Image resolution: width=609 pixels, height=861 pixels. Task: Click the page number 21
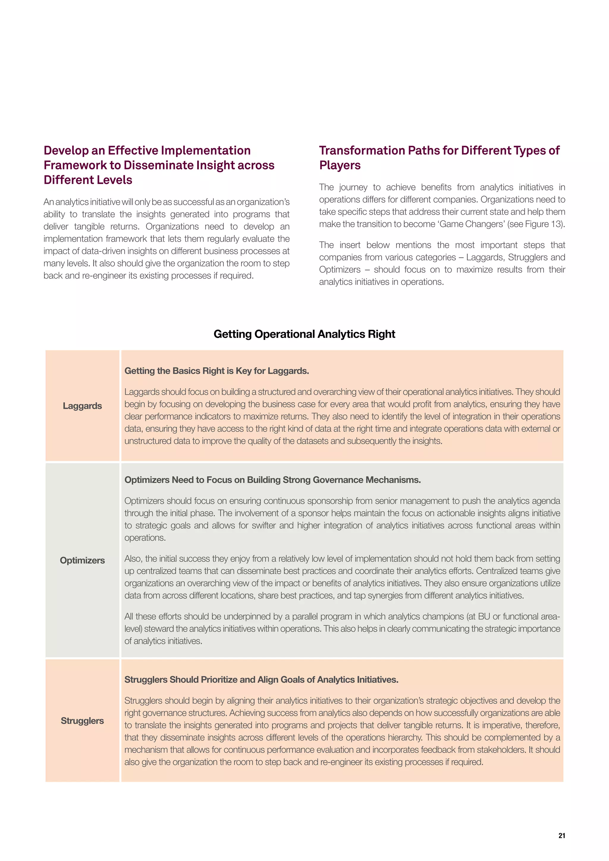coord(561,835)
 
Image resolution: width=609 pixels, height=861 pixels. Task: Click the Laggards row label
coord(82,406)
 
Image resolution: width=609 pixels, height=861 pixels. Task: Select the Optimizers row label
coord(82,560)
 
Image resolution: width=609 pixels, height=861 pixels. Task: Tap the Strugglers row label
coord(82,721)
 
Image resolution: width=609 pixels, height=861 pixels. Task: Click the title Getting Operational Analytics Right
coord(304,334)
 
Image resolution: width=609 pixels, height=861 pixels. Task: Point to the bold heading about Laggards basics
coord(216,371)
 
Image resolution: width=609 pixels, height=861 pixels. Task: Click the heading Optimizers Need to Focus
coord(272,480)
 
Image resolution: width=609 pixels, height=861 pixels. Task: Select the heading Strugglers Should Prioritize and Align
coord(261,680)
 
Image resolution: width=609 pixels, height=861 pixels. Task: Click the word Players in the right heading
coord(340,165)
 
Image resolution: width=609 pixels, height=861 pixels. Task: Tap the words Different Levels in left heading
coord(88,180)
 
